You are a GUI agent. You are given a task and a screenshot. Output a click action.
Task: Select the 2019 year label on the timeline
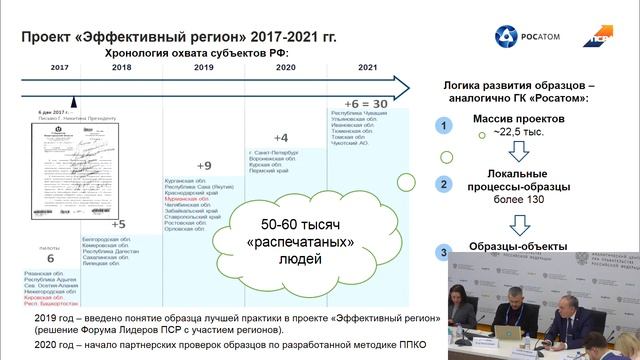[204, 66]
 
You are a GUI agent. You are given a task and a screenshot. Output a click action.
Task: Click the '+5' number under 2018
[117, 224]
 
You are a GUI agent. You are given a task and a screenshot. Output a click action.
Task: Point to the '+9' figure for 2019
[203, 165]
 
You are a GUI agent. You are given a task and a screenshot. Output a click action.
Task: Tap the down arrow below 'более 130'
[519, 216]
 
